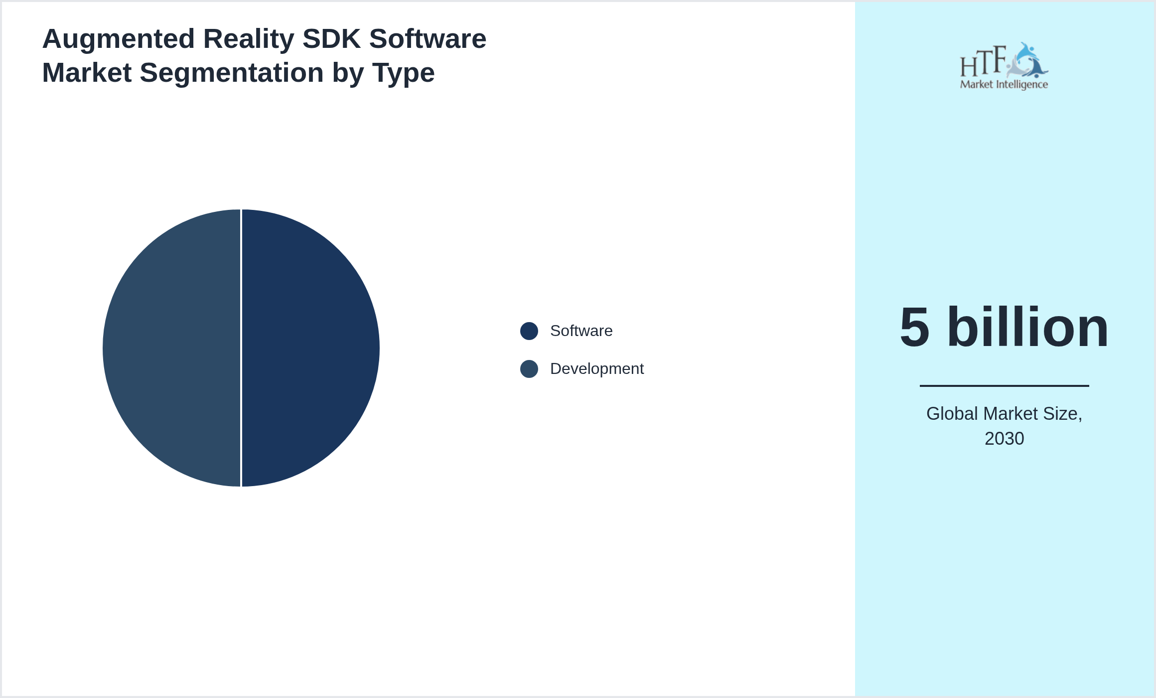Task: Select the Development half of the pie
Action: [172, 348]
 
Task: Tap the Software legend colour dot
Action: [529, 331]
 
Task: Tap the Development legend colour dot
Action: [529, 369]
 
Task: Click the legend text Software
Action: [581, 331]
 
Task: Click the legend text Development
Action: [596, 369]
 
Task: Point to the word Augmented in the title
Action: [119, 39]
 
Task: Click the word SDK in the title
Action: [331, 39]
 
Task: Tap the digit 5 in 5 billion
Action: [914, 328]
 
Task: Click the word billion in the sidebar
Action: [1027, 328]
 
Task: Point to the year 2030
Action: [1004, 439]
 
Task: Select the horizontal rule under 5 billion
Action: [1004, 385]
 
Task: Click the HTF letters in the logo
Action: [983, 62]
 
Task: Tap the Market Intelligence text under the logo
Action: [1004, 84]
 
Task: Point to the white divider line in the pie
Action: [241, 348]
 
